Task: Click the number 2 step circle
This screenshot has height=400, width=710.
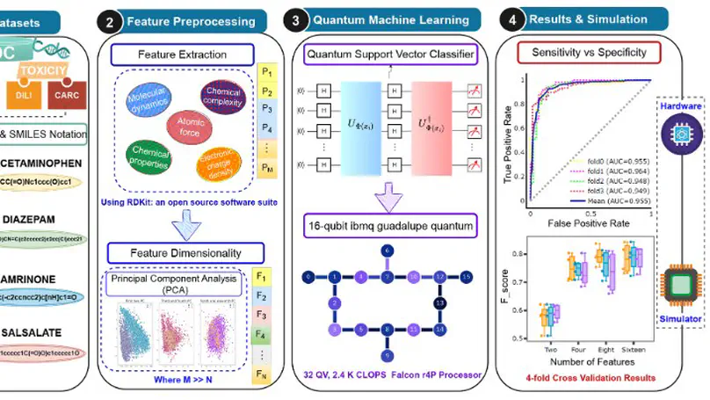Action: pyautogui.click(x=110, y=20)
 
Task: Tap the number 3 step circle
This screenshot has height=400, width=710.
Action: pyautogui.click(x=296, y=18)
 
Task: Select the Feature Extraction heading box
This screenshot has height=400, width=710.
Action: pyautogui.click(x=182, y=55)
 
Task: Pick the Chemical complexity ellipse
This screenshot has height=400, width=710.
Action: pyautogui.click(x=222, y=98)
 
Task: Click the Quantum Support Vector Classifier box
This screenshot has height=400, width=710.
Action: pyautogui.click(x=389, y=55)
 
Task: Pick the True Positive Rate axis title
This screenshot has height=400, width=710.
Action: pyautogui.click(x=508, y=145)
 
